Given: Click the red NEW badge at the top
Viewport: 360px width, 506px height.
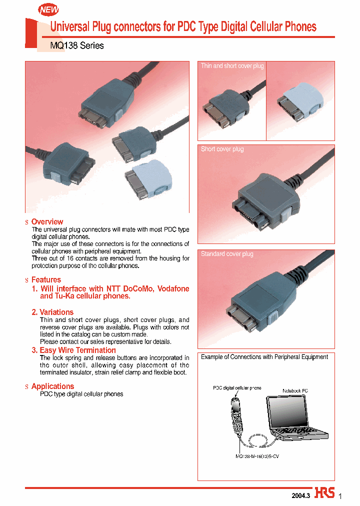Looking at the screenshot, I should pyautogui.click(x=48, y=9).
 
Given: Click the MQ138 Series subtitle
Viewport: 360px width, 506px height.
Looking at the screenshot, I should pyautogui.click(x=77, y=45).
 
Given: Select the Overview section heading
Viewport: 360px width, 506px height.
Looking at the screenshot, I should pyautogui.click(x=47, y=221).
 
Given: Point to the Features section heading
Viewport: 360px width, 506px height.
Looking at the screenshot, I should pyautogui.click(x=46, y=279).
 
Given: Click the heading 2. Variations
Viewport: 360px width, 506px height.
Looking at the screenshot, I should pyautogui.click(x=52, y=312).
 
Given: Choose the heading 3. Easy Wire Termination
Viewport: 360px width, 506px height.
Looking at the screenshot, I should pyautogui.click(x=73, y=350).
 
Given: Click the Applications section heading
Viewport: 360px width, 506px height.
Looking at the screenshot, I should pyautogui.click(x=52, y=386).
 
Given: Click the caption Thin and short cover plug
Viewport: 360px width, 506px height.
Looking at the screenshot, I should pyautogui.click(x=232, y=66).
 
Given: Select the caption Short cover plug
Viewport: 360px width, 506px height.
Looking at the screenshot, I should pyautogui.click(x=222, y=149).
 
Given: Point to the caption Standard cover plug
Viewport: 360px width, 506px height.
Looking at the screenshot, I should pyautogui.click(x=227, y=254).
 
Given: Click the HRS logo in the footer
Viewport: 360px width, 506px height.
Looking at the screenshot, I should pyautogui.click(x=324, y=492).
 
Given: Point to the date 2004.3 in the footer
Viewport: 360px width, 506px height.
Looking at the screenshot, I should pyautogui.click(x=301, y=495).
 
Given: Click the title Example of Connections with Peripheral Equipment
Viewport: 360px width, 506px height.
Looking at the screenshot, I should pyautogui.click(x=264, y=357).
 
